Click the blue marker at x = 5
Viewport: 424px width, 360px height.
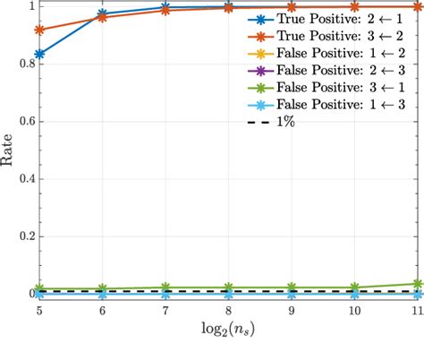39,55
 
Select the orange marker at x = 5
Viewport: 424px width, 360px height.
39,30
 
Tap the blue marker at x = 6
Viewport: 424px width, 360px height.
103,14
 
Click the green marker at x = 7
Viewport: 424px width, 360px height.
166,287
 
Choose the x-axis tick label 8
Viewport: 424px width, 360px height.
229,311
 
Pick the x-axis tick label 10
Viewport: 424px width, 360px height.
355,311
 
